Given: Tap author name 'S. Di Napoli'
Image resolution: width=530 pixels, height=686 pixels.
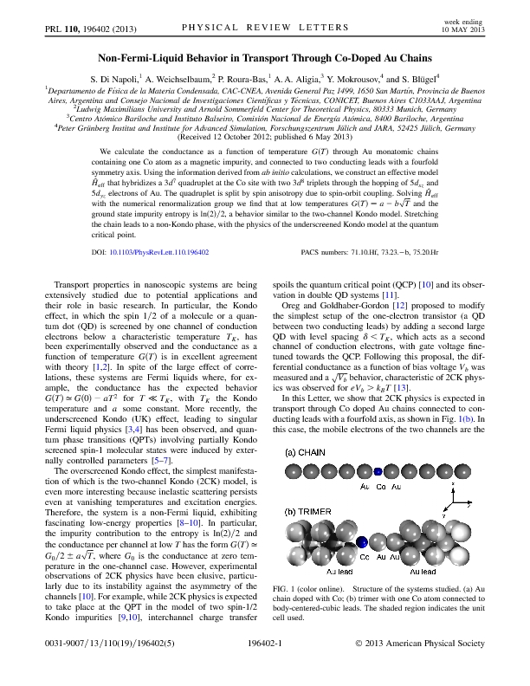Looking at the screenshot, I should [147, 76].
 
